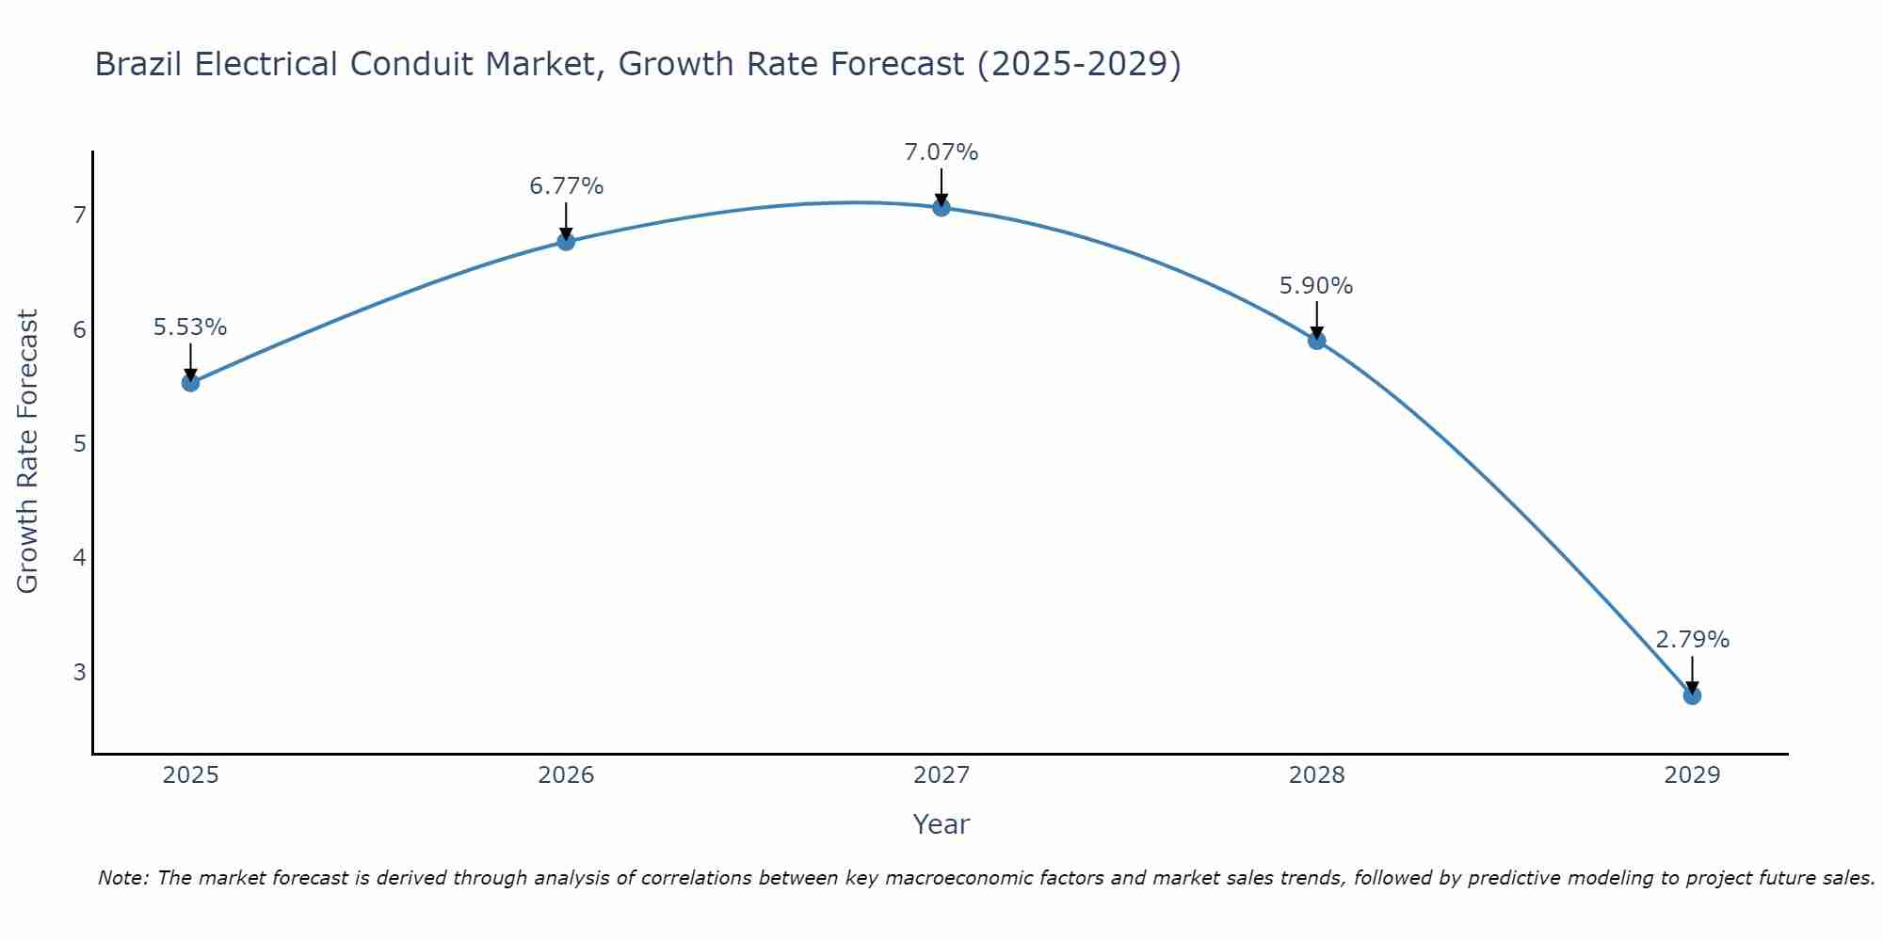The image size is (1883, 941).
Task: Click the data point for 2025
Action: pyautogui.click(x=190, y=382)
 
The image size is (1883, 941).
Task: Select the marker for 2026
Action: pyautogui.click(x=566, y=241)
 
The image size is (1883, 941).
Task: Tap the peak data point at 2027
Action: pyautogui.click(x=941, y=207)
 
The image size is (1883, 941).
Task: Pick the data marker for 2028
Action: pyautogui.click(x=1317, y=341)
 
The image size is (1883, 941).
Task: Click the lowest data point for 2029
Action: pyautogui.click(x=1692, y=695)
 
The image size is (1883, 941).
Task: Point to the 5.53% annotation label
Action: pyautogui.click(x=190, y=327)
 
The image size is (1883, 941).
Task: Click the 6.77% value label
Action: pyautogui.click(x=566, y=186)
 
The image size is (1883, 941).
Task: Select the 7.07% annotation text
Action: pyautogui.click(x=941, y=152)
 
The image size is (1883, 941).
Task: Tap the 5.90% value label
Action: pyautogui.click(x=1316, y=286)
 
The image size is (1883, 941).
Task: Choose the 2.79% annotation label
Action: pyautogui.click(x=1692, y=640)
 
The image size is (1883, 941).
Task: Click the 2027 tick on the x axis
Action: pyautogui.click(x=941, y=775)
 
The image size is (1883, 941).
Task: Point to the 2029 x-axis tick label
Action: pyautogui.click(x=1692, y=775)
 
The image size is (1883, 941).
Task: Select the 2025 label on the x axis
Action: pyautogui.click(x=190, y=775)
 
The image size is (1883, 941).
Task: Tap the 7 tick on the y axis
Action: pyautogui.click(x=79, y=215)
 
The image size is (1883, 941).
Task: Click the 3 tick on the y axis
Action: pyautogui.click(x=79, y=672)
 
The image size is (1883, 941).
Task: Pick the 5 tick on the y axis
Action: pyautogui.click(x=79, y=443)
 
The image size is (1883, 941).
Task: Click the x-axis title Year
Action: pyautogui.click(x=941, y=824)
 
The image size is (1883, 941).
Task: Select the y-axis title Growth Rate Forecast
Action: pyautogui.click(x=28, y=452)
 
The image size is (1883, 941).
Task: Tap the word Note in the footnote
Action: pyautogui.click(x=122, y=878)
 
